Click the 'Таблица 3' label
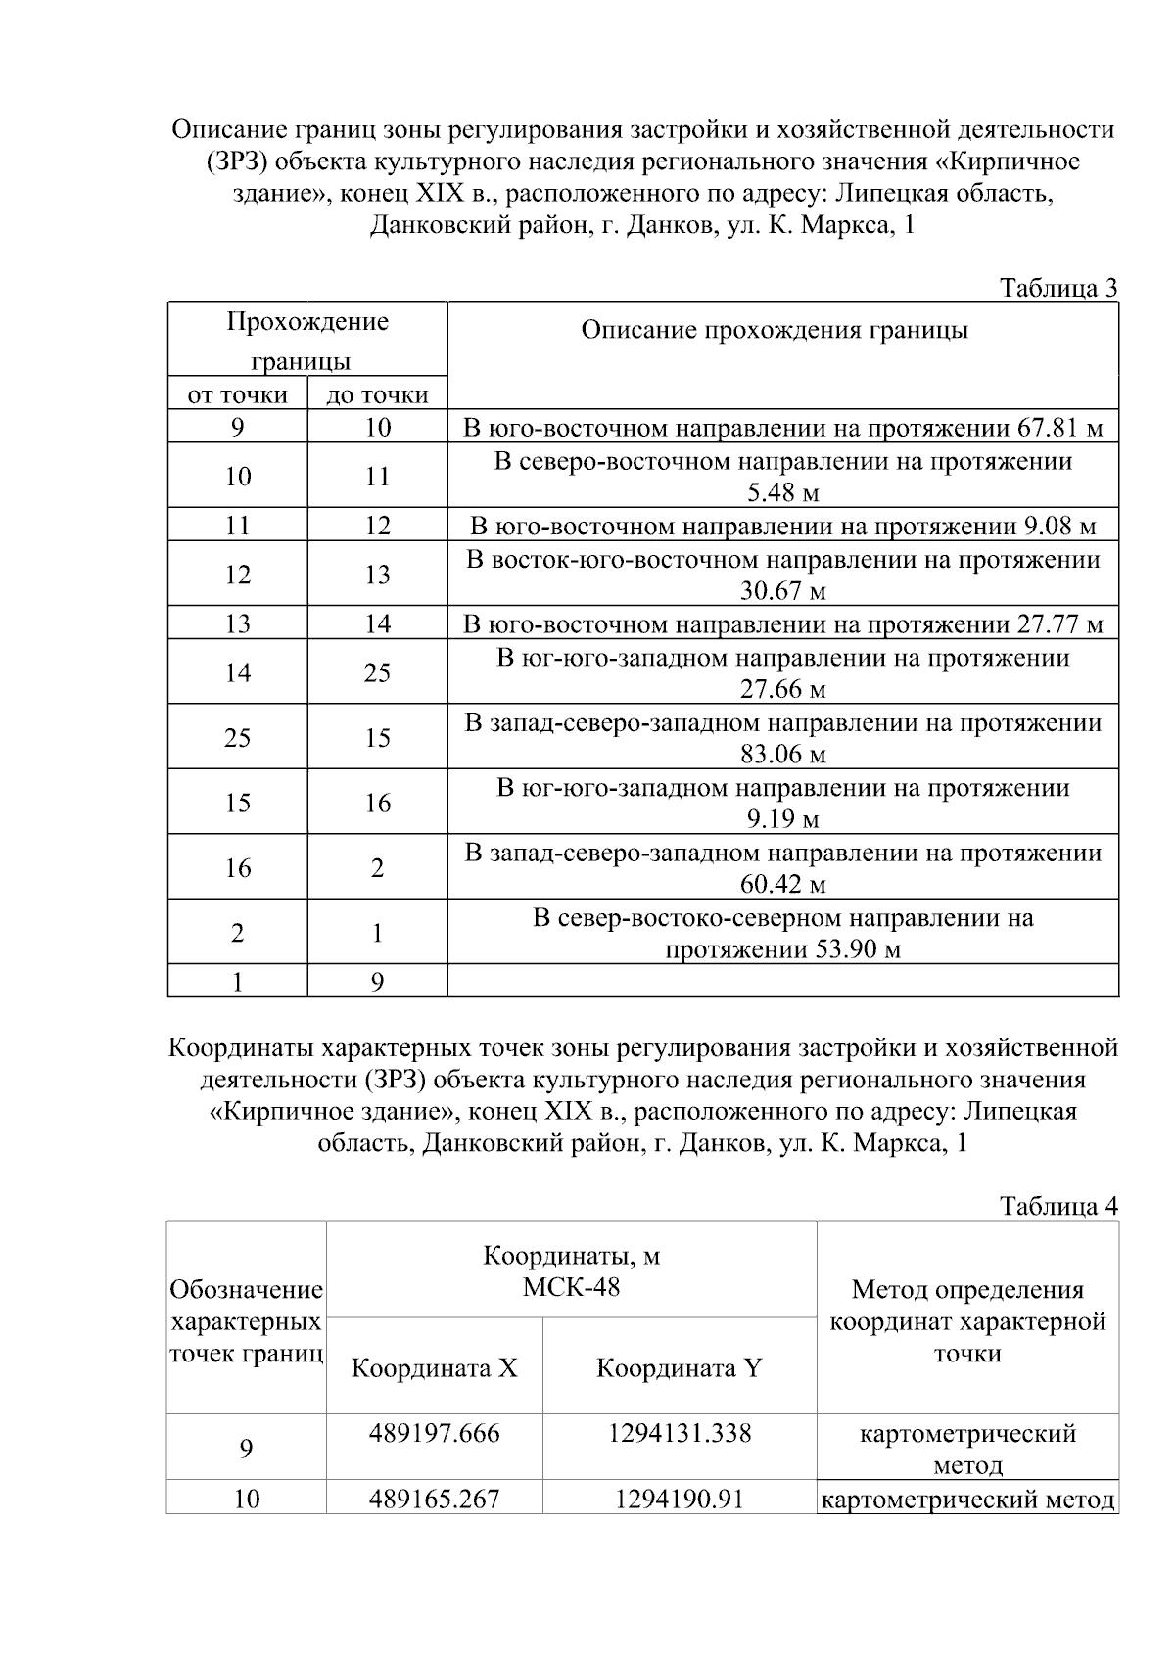(x=1057, y=288)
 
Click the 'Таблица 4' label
(x=1057, y=1206)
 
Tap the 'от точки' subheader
(x=237, y=394)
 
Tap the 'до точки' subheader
(x=377, y=394)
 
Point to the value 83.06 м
(x=782, y=755)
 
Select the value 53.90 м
(x=858, y=949)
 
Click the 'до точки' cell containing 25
(x=377, y=672)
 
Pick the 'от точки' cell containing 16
(x=237, y=867)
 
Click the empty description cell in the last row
(x=782, y=981)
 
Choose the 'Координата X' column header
(x=434, y=1368)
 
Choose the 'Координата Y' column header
(x=679, y=1368)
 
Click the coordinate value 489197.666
(x=434, y=1434)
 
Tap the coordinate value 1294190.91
(x=679, y=1499)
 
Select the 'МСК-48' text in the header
(x=571, y=1286)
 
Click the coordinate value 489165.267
(x=434, y=1499)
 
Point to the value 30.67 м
(x=782, y=591)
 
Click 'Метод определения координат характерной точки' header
(x=967, y=1321)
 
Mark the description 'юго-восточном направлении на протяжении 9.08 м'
(x=782, y=527)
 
